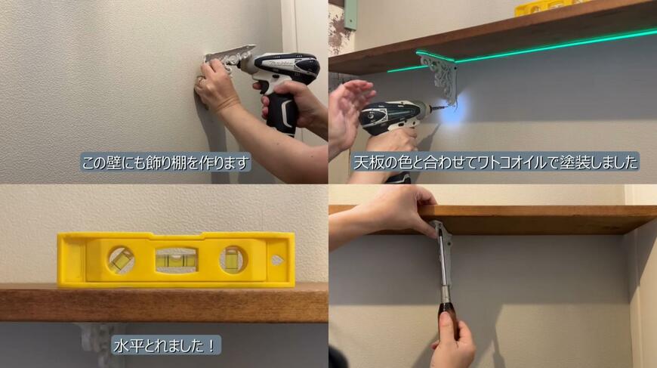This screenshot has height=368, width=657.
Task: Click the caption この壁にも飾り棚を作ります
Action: (165, 162)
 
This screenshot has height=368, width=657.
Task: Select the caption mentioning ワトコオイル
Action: (495, 162)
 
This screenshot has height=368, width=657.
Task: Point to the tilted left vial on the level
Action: (121, 260)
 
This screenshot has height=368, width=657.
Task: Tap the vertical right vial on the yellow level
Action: (233, 260)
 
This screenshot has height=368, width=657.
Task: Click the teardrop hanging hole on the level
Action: (276, 260)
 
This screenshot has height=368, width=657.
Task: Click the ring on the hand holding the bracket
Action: (200, 79)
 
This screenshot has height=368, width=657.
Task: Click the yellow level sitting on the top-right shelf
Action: (540, 8)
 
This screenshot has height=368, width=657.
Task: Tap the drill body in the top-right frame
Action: (393, 117)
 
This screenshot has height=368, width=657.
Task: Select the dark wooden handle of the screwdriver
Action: (447, 312)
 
